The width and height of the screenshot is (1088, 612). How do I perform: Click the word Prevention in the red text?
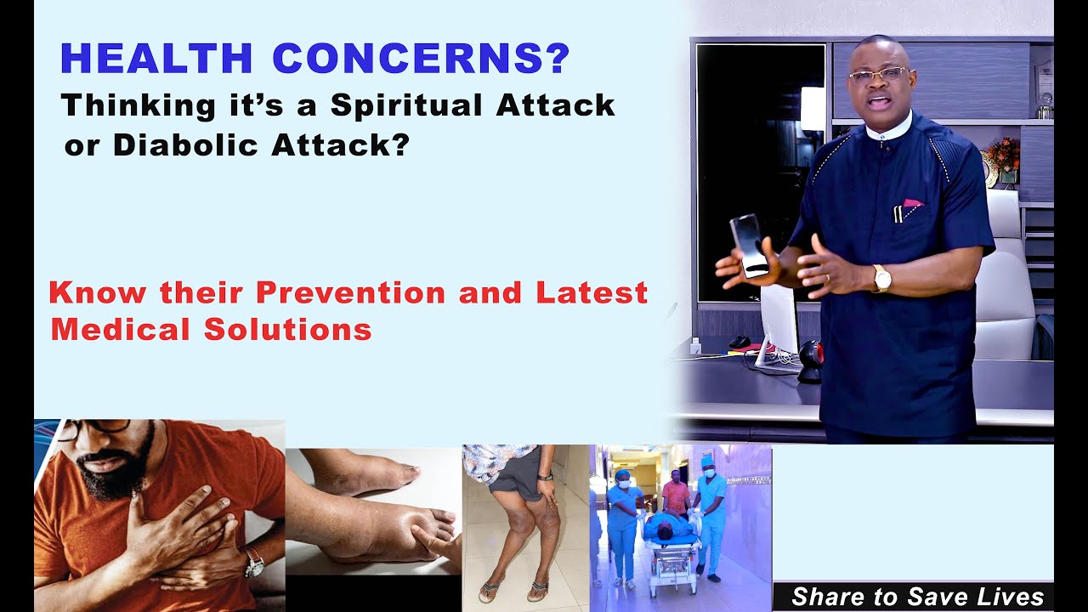pos(350,292)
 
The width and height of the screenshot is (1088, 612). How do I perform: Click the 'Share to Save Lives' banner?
pos(916,597)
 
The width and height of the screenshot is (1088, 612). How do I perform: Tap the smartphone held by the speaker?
pos(748,244)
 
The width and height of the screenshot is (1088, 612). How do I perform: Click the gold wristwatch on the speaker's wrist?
pos(881,277)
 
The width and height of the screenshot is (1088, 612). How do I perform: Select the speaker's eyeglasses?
pos(877,75)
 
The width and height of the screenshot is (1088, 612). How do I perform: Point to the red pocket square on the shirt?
pos(912,204)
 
